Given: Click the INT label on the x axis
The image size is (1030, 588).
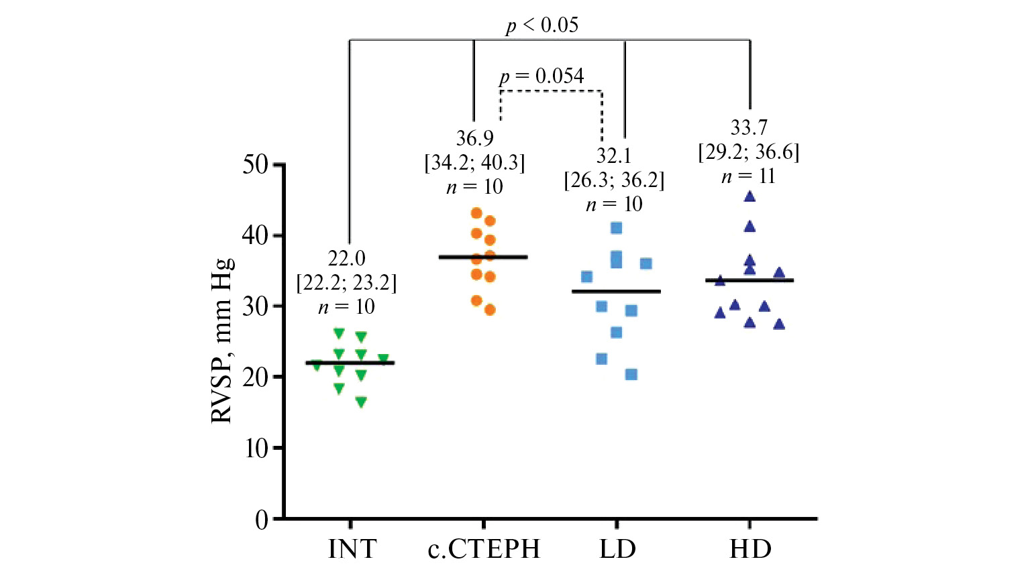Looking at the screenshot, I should (352, 549).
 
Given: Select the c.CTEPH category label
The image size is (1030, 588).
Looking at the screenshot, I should (484, 549).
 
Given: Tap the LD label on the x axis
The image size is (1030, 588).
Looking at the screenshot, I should (617, 549).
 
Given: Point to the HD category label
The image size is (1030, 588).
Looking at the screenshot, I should (750, 549).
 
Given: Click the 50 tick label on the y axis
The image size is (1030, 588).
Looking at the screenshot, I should (255, 164).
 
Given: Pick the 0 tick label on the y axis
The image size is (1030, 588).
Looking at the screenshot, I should (262, 520).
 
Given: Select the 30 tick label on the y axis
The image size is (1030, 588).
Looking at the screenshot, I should (255, 306).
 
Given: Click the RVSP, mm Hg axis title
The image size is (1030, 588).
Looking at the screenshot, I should (221, 341).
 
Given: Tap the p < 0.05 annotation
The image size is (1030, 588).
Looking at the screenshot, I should (542, 25).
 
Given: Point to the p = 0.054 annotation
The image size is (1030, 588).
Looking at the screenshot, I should (542, 76).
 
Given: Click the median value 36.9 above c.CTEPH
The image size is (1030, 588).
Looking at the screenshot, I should (474, 138).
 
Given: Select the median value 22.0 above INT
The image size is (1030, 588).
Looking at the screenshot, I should (346, 258).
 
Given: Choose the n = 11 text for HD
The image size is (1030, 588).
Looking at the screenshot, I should (748, 176).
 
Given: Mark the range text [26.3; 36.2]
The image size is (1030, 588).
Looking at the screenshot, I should (614, 180).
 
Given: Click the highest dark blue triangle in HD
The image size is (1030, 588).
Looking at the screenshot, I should (750, 196).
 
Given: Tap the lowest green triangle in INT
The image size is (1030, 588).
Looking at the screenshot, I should (361, 402).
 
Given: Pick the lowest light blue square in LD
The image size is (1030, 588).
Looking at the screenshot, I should (631, 374).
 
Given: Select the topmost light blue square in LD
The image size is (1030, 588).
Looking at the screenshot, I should (616, 228).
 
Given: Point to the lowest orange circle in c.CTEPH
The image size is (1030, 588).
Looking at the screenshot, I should (490, 310).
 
